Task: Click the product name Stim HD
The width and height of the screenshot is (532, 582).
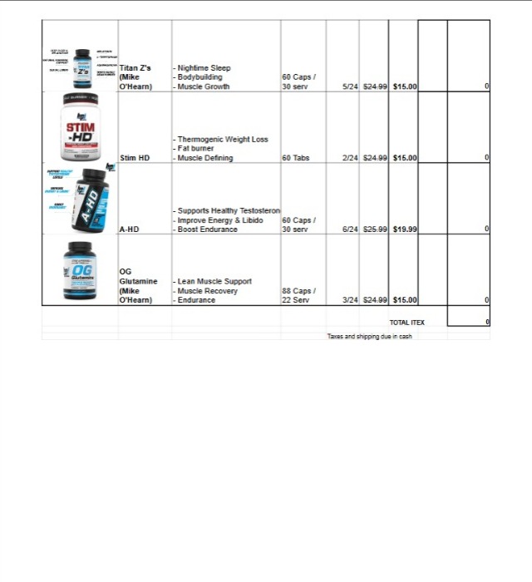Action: click(x=134, y=157)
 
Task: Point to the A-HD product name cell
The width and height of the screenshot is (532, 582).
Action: click(x=130, y=229)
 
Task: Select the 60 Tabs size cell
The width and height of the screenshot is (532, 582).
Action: click(x=296, y=157)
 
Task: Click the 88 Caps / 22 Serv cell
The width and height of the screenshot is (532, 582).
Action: click(x=296, y=295)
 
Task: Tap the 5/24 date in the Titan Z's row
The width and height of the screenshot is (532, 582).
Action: click(x=349, y=86)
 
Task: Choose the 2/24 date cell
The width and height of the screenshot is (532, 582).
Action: click(x=349, y=157)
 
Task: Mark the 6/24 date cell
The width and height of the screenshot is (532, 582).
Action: click(x=349, y=229)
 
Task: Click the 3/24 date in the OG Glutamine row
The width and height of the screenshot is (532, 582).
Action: click(x=349, y=300)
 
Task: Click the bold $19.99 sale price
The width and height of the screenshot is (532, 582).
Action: click(x=405, y=229)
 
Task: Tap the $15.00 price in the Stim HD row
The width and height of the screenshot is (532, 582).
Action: click(x=405, y=157)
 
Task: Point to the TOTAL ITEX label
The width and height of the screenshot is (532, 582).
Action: click(x=406, y=322)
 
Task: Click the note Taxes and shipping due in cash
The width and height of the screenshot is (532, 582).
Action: click(x=369, y=337)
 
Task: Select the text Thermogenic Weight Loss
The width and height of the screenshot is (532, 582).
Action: click(x=223, y=140)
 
